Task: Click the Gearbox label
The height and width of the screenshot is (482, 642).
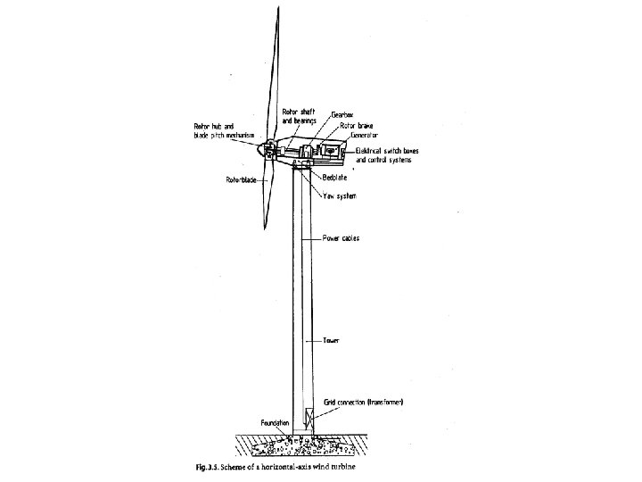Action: coord(343,115)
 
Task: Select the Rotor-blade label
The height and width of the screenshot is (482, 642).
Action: coord(242,180)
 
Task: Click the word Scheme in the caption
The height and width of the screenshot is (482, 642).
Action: coord(244,467)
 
